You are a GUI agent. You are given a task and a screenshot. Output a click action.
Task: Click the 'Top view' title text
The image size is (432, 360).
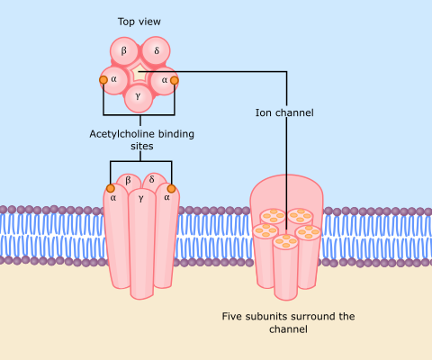point(139,22)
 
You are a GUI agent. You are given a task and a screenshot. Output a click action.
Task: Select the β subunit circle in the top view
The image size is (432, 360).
point(124,51)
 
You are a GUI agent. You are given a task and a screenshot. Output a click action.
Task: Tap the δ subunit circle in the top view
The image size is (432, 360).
point(156,50)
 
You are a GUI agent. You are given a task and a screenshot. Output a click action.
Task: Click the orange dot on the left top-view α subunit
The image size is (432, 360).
point(103,80)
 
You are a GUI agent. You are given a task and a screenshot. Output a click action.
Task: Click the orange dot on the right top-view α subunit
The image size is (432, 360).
point(175,80)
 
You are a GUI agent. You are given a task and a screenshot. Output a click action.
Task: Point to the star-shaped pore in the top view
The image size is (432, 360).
point(139,73)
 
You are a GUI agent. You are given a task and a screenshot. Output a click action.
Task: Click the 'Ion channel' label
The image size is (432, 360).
point(284,112)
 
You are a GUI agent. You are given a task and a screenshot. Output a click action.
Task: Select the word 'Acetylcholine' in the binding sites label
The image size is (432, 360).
point(122,134)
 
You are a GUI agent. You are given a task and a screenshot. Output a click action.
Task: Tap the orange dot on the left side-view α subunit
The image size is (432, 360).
point(111,188)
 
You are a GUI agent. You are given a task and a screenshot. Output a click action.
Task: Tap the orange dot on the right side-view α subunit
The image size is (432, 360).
point(171,188)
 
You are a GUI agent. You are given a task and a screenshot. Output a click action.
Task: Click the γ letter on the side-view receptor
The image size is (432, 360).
point(141,199)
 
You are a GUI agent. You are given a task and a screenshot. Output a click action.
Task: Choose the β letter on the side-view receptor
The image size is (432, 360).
point(128,180)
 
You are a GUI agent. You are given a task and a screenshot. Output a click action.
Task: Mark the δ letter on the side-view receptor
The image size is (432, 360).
point(152,179)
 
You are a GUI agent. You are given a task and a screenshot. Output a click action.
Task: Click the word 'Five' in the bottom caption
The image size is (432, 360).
point(231,316)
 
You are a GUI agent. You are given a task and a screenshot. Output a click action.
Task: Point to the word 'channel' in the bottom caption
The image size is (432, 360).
point(288,329)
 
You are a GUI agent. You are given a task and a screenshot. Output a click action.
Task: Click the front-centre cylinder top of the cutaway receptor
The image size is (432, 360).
point(285,241)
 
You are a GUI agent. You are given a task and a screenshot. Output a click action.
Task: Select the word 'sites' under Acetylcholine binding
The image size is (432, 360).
point(142,147)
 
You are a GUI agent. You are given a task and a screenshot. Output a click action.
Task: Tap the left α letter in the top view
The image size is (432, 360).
point(113,79)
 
